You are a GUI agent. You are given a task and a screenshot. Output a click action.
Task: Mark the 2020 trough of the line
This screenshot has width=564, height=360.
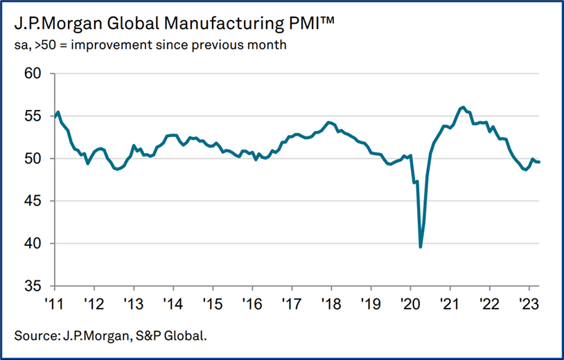pos(421,246)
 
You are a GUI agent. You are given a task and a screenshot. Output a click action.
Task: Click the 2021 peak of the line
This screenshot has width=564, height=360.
pos(462,107)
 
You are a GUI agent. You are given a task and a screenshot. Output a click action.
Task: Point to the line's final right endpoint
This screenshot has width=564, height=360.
pos(540,162)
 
